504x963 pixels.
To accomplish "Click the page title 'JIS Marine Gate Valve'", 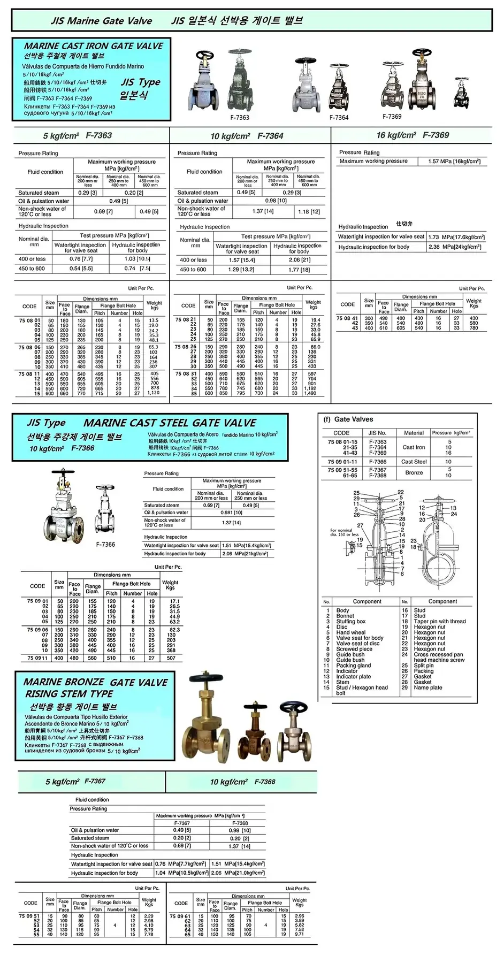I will click(101, 21).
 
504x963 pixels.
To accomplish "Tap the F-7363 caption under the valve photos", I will click(240, 117).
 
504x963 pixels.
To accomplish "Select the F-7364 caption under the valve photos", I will click(339, 117).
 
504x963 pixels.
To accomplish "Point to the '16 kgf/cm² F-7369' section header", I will click(413, 135).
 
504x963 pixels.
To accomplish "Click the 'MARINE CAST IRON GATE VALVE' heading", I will click(94, 46).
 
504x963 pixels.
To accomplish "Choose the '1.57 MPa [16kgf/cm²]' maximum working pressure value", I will click(454, 161).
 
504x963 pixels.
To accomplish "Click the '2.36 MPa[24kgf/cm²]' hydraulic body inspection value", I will click(454, 247).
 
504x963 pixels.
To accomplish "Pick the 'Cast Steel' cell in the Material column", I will click(414, 461).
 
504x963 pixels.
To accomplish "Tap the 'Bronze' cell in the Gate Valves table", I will click(414, 472).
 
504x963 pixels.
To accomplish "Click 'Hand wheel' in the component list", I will click(350, 632).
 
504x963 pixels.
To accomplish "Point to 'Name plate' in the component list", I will click(428, 687).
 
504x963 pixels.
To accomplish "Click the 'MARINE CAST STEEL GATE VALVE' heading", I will click(170, 423).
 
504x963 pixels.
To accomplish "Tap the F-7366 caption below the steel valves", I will click(105, 544).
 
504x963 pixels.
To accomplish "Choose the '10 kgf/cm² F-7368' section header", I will click(242, 782).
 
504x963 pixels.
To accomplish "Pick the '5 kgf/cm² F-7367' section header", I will click(75, 782).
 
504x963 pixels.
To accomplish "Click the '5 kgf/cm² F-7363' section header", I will click(78, 135).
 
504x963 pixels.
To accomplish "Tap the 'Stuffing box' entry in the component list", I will click(350, 621).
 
